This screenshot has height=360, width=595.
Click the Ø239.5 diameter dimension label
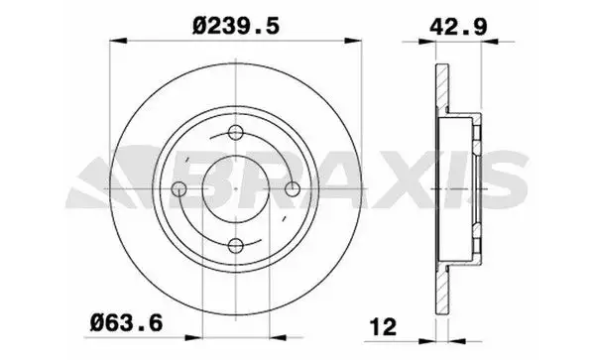coord(236,26)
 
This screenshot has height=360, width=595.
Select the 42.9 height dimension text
coord(458,27)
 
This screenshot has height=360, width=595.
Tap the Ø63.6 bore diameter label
coord(126,323)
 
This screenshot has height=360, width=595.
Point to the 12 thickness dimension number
coord(383,326)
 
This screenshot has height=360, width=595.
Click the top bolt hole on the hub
coord(236,132)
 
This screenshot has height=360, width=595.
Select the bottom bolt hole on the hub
coord(236,246)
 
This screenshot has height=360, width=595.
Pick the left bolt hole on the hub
coord(178,188)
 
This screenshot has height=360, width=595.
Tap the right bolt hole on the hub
coord(293,188)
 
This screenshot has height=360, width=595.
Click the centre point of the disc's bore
coord(236,188)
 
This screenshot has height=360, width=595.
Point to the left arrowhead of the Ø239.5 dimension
coord(118,41)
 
